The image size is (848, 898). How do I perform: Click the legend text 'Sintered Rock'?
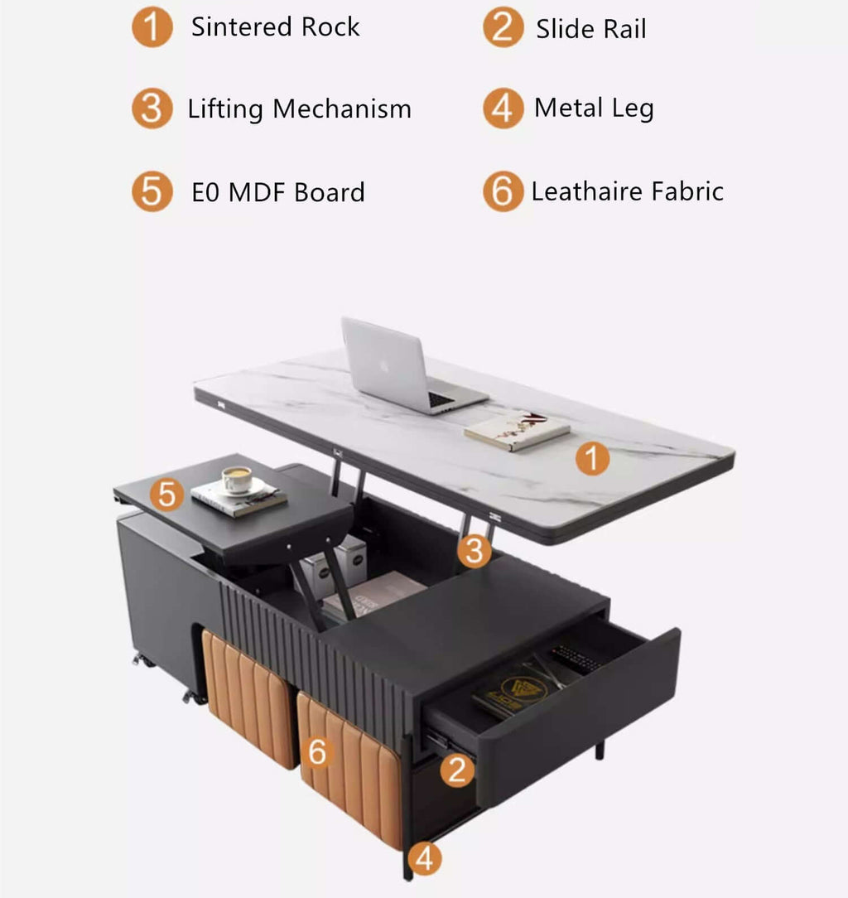pos(275,27)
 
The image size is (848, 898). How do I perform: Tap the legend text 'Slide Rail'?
pos(590,30)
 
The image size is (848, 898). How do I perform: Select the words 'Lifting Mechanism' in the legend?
pos(299,109)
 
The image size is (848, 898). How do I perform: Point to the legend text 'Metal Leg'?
pos(594,109)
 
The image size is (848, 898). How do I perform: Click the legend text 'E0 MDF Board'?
pos(278,193)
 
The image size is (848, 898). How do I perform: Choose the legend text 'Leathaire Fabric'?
pos(627,192)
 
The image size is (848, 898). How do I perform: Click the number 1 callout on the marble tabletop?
pos(592,458)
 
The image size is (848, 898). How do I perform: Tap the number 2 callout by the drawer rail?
pos(456,770)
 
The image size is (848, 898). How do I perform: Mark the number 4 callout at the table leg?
pos(424,858)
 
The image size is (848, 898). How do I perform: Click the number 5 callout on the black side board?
pos(168,495)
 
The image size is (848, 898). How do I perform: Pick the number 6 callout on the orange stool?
pos(319,752)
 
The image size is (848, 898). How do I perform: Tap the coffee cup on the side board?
pos(236,480)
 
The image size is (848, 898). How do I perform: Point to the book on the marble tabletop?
pos(517,431)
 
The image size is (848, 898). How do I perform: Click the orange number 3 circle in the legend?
pos(152,109)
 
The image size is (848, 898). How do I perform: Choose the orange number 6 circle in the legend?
pos(503,192)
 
